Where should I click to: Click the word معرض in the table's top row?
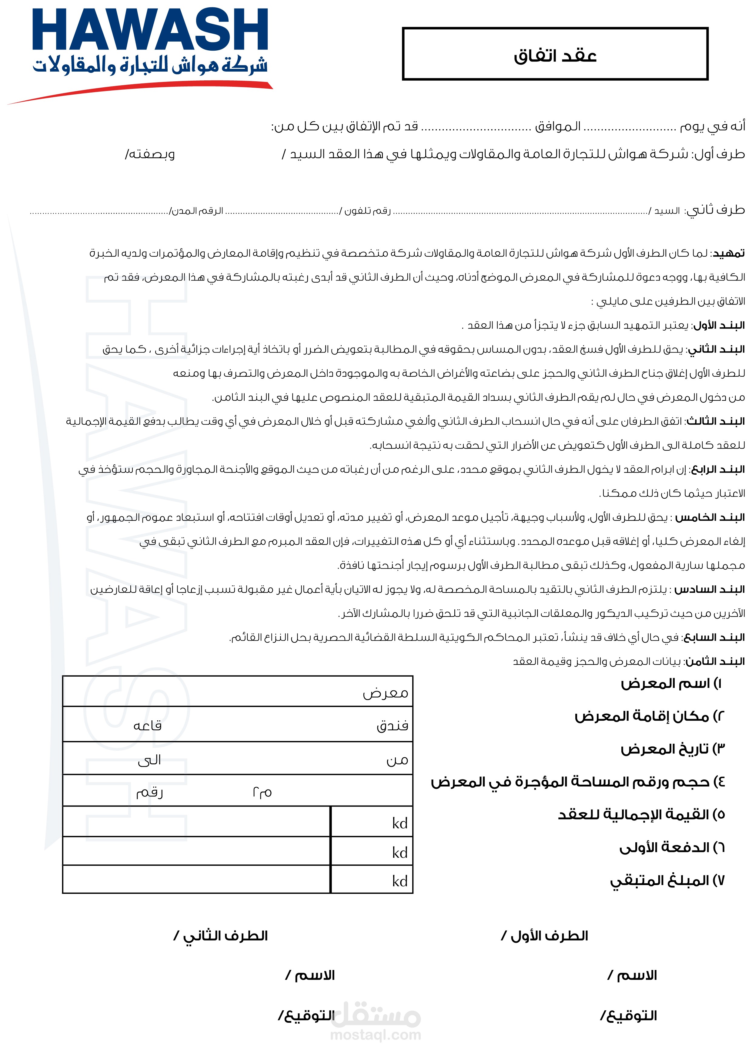click(385, 693)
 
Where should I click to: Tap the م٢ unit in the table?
click(262, 793)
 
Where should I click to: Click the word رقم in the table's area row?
click(149, 793)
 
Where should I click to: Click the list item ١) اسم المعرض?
click(671, 684)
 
